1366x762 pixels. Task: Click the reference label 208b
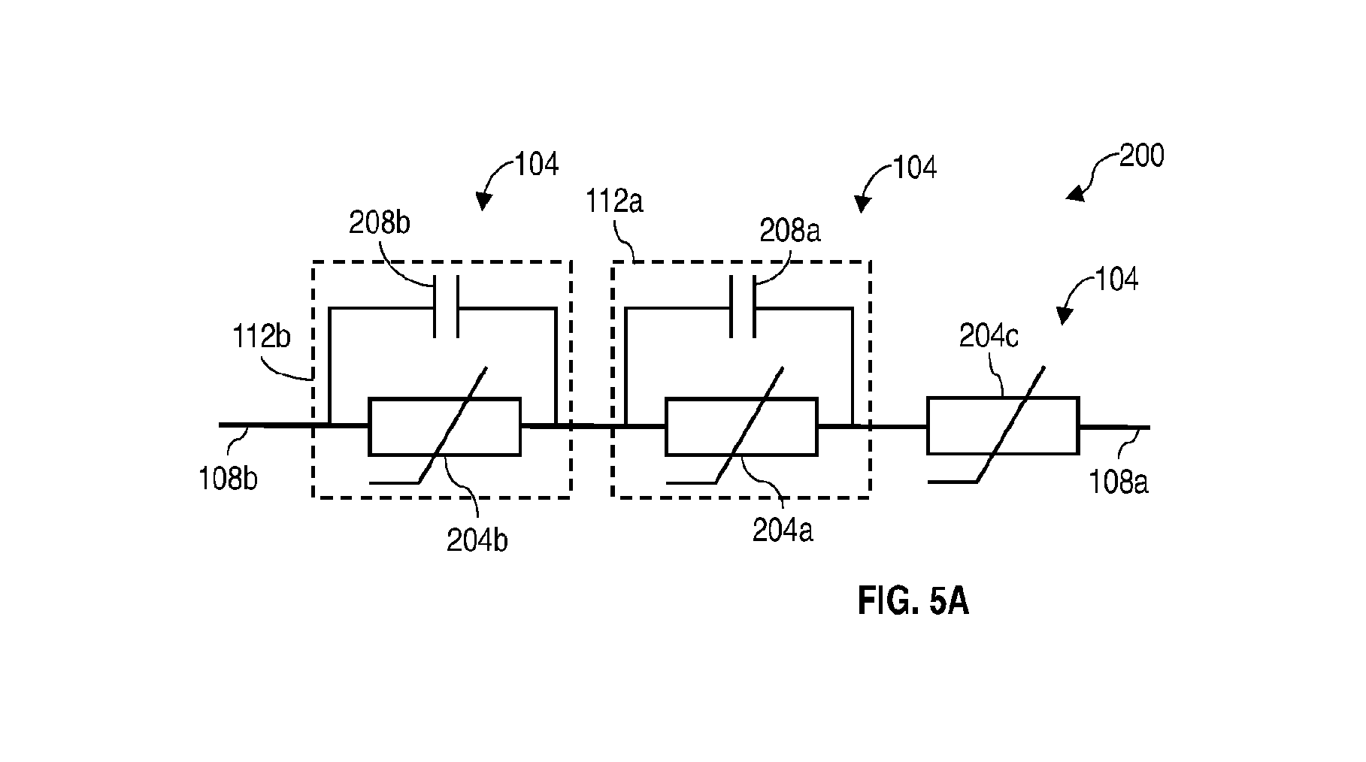coord(380,224)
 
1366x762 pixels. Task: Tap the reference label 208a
coord(790,230)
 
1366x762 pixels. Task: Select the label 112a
coord(616,201)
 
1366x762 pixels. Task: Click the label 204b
coord(477,540)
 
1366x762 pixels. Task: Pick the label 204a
coord(783,531)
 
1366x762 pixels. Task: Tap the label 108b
coord(229,478)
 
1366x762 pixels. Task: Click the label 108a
coord(1119,481)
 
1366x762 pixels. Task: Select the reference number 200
coord(1141,156)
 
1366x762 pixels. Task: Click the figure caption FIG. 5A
coord(913,602)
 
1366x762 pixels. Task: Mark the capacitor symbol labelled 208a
coord(743,307)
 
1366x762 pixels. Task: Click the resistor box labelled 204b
coord(444,426)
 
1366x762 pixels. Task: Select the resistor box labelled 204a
coord(741,426)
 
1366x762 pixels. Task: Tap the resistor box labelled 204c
coord(1003,425)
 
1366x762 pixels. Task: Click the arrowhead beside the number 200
coord(1075,194)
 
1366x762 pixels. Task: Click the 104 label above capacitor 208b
coord(536,164)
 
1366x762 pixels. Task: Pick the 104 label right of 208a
coord(914,167)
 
